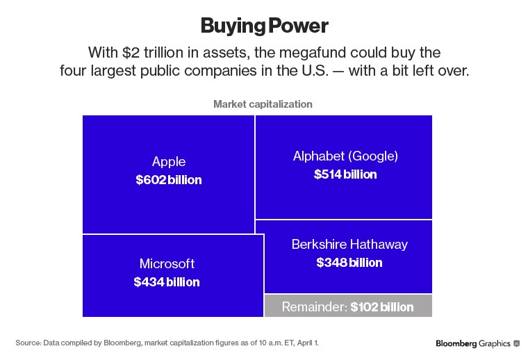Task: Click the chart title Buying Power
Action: (x=264, y=26)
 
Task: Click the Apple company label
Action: (x=169, y=162)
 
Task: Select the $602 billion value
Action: (x=169, y=180)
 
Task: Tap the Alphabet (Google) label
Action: (x=345, y=156)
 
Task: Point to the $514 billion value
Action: (x=345, y=174)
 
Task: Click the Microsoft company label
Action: (x=167, y=264)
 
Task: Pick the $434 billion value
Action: (x=167, y=282)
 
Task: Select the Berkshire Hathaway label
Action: (x=349, y=245)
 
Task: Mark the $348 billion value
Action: (x=349, y=263)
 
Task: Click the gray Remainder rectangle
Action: (x=292, y=306)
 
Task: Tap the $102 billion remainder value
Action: (x=381, y=306)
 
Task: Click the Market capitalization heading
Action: (x=263, y=104)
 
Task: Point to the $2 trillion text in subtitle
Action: (x=147, y=53)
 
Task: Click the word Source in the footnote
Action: (x=28, y=343)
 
